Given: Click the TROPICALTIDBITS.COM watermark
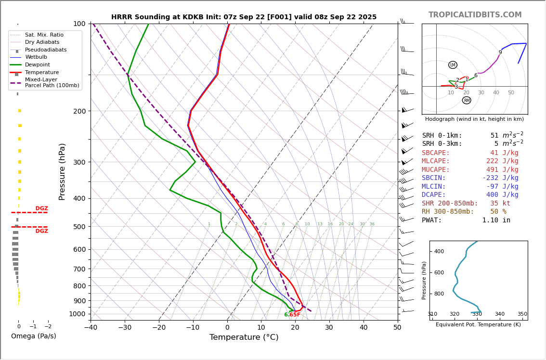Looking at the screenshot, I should (x=475, y=15).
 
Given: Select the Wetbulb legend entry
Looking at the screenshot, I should (x=36, y=57).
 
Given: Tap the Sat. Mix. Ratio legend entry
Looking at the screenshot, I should (x=44, y=35).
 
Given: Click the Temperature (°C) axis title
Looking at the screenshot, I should (x=244, y=337).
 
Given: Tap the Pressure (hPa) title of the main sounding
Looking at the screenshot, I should (x=62, y=171).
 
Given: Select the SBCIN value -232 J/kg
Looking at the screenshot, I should (x=500, y=178).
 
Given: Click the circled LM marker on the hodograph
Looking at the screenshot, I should (x=453, y=65).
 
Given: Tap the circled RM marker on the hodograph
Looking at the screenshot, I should (x=467, y=100).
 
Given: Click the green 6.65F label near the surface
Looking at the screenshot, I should (x=292, y=315).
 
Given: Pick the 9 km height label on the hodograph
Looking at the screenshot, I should (x=500, y=52).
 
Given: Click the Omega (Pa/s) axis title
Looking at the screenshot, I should (x=33, y=336).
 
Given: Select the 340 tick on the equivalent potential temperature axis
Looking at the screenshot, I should (x=500, y=314).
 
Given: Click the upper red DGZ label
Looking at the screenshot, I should (x=41, y=208).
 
